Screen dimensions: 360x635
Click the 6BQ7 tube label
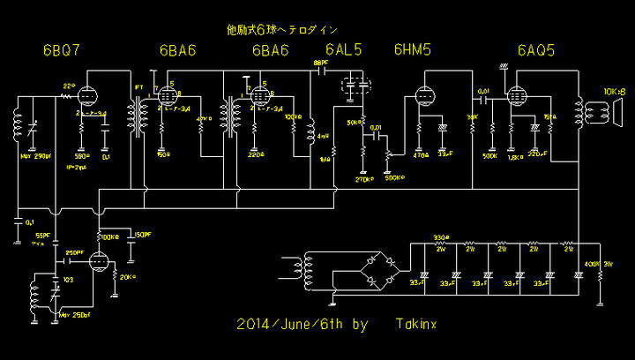[x=62, y=50]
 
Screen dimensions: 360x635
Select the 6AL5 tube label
[x=343, y=50]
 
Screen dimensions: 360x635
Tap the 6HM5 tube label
[x=412, y=50]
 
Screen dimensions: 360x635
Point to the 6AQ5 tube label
[x=536, y=50]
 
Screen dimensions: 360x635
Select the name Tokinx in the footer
[x=416, y=325]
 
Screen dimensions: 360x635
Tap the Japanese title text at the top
[x=281, y=29]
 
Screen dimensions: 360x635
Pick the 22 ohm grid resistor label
[x=68, y=85]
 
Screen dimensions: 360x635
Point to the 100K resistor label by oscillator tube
[x=109, y=237]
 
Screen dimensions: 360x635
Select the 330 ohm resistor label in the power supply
[x=440, y=237]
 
